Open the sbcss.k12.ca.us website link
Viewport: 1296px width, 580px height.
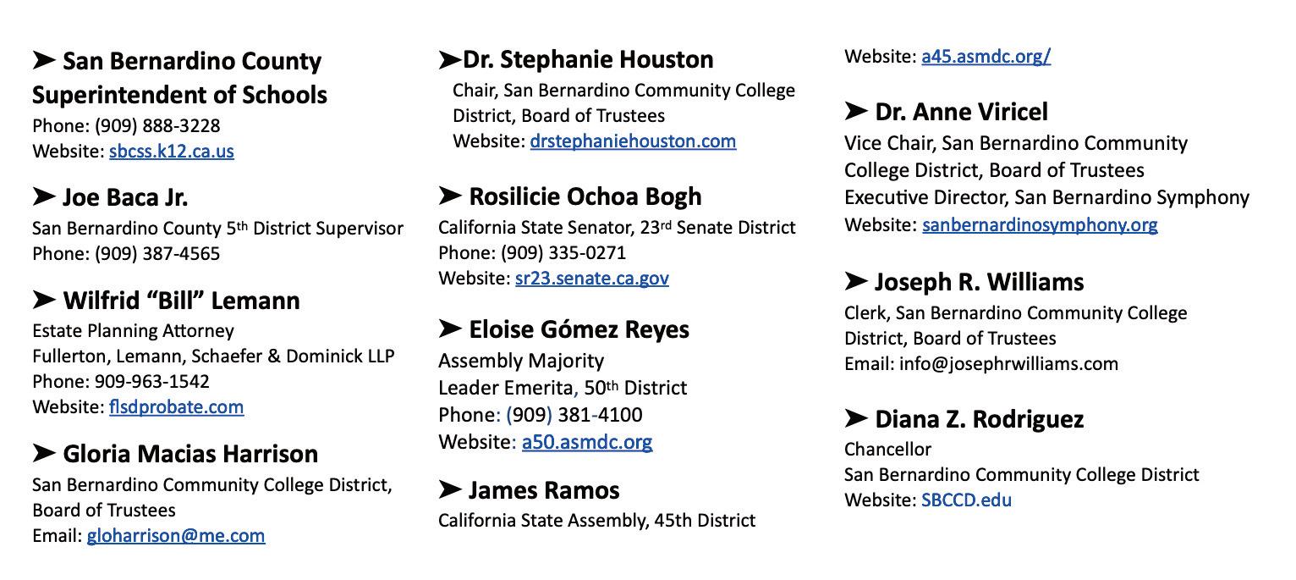(x=171, y=152)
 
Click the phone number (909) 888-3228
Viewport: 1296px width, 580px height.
(x=157, y=126)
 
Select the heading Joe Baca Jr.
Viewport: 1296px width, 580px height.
(x=125, y=197)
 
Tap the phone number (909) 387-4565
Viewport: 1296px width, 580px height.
(x=157, y=254)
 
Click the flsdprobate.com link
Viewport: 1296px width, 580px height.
(x=176, y=407)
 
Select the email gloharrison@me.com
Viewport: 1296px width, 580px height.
(x=175, y=536)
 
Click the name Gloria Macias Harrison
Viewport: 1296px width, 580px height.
(x=190, y=454)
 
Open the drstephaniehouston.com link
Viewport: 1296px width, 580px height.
(x=633, y=141)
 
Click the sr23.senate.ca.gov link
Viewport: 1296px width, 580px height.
(x=591, y=279)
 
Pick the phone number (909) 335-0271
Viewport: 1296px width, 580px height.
(x=563, y=253)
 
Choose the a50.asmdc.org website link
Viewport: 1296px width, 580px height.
(x=586, y=442)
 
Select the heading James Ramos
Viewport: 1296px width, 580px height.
(x=544, y=490)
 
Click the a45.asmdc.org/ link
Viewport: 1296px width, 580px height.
(x=986, y=57)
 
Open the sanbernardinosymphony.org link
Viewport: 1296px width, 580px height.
(x=1040, y=225)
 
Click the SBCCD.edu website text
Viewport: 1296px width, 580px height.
(x=966, y=500)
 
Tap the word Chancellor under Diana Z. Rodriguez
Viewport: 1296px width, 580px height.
(x=887, y=450)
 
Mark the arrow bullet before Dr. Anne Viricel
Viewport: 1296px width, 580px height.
(x=855, y=112)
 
